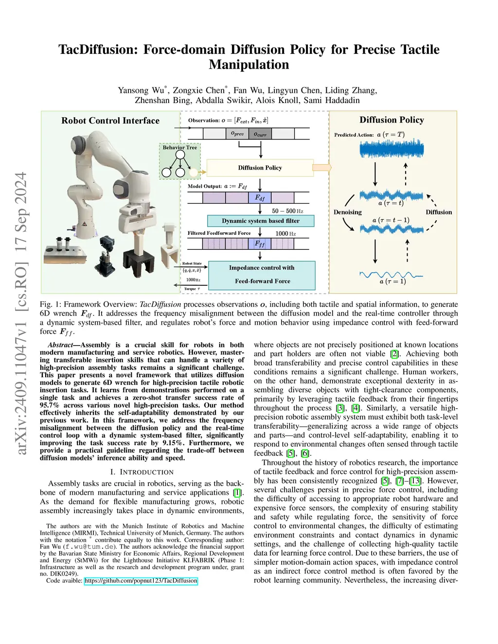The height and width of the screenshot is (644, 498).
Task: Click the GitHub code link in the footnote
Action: (x=141, y=580)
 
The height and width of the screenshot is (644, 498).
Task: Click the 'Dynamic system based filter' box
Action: (x=261, y=221)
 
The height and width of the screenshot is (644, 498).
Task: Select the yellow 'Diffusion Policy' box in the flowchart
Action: (x=260, y=168)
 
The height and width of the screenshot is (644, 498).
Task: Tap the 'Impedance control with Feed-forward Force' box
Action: (x=262, y=275)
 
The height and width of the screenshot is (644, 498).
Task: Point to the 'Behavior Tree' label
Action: (x=180, y=147)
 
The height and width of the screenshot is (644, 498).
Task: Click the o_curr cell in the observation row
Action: (x=260, y=134)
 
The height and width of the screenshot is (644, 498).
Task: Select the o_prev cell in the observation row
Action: (x=237, y=134)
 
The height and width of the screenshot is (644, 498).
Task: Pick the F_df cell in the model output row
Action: (x=260, y=198)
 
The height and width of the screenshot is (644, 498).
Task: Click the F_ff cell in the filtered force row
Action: (x=260, y=243)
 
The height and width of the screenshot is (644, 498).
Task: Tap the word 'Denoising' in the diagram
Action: (x=347, y=212)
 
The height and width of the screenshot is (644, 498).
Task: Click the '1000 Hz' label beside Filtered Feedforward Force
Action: (x=285, y=233)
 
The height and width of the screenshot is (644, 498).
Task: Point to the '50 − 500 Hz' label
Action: (x=287, y=211)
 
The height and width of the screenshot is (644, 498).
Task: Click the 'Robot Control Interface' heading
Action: (x=110, y=121)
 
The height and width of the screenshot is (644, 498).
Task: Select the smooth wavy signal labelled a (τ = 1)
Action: (x=391, y=276)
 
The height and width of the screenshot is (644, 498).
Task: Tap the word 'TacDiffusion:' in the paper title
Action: (x=99, y=50)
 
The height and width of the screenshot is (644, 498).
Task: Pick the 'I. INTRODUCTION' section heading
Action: (x=142, y=472)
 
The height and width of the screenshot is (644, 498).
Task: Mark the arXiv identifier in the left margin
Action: (x=21, y=313)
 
